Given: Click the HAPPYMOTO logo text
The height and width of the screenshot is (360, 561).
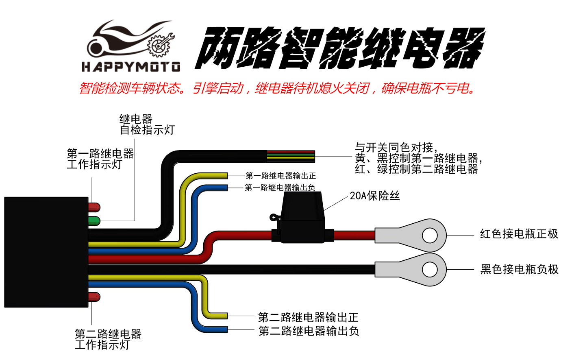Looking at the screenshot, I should (131, 67).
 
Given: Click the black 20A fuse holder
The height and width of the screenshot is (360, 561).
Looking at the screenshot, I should (303, 220).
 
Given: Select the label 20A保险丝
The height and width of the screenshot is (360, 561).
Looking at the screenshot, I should (374, 196).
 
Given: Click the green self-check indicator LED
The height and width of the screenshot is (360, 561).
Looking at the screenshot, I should (94, 221).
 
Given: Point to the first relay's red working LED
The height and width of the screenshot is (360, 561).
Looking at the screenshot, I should (94, 207).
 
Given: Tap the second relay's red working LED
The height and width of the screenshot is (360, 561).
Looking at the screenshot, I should (94, 297).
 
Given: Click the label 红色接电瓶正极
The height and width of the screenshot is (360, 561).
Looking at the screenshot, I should (519, 234).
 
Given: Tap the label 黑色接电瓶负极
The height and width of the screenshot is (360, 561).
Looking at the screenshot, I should (519, 269).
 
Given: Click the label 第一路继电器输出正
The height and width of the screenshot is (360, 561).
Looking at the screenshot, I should (280, 176).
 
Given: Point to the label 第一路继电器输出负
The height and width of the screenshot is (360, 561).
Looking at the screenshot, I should (280, 188).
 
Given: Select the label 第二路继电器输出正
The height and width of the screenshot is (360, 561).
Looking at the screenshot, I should (308, 317).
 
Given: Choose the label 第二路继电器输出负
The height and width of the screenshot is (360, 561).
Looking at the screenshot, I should (309, 331).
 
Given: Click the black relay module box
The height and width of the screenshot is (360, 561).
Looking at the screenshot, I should (46, 252).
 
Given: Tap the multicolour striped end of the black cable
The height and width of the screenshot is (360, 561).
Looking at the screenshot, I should (291, 156).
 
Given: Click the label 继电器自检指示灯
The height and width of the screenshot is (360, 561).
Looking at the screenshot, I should (147, 124).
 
